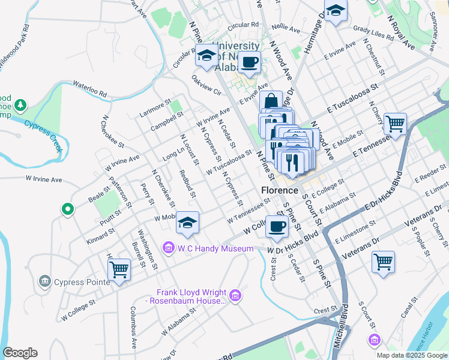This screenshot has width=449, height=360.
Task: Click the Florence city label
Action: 280,190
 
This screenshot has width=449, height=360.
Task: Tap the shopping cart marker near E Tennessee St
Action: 395,124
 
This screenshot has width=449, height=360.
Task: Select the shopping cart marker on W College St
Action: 119,269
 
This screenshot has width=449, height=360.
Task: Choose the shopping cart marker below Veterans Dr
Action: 383,262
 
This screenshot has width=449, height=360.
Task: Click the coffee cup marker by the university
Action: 249,61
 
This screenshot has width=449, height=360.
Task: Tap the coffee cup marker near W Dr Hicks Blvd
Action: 276,226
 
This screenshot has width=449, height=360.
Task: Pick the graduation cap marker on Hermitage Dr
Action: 336,11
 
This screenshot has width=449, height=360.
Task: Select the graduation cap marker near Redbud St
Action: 188,223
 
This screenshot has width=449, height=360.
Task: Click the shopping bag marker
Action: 271,101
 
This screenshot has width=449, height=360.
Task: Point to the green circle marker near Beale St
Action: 68,209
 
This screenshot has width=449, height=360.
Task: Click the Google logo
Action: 20,353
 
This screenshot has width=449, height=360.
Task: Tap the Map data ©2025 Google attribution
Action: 411,355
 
